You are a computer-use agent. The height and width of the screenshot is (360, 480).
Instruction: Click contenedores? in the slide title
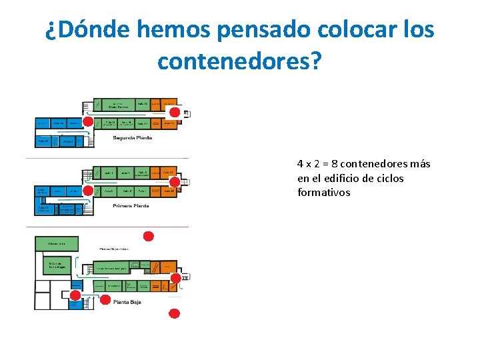pyautogui.click(x=240, y=61)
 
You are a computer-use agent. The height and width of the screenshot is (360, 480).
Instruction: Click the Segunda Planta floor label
pyautogui.click(x=132, y=138)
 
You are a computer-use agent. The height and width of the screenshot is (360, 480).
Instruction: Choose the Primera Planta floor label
pyautogui.click(x=131, y=205)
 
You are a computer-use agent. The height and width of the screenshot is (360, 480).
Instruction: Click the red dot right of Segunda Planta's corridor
pyautogui.click(x=175, y=113)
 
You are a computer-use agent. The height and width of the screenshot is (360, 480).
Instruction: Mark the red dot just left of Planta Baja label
pyautogui.click(x=105, y=300)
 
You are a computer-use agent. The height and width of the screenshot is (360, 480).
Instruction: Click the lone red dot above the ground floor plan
pyautogui.click(x=149, y=236)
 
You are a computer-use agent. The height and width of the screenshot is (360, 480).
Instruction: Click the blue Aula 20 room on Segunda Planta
pyautogui.click(x=43, y=141)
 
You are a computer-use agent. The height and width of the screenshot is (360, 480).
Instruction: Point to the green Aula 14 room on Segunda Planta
pyautogui.click(x=141, y=123)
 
